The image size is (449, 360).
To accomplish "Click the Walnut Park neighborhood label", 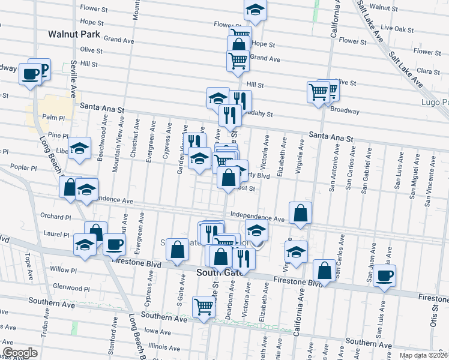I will tap(74, 35).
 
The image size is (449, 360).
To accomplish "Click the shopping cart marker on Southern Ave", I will tap(203, 306).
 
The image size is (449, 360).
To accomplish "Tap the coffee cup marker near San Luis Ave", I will tap(384, 277).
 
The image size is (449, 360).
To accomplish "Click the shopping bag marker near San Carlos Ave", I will tap(324, 271).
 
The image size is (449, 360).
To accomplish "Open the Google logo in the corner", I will tap(20, 353).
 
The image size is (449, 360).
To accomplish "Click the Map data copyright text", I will tap(423, 355).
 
